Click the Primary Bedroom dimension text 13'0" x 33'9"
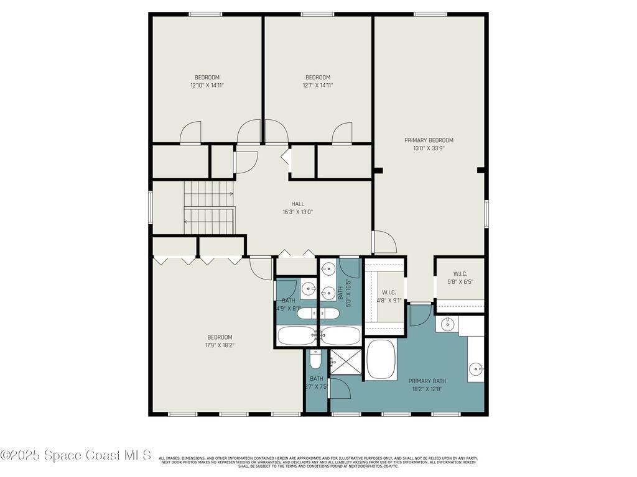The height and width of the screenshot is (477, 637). click(429, 148)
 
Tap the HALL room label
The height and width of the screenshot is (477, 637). click(298, 204)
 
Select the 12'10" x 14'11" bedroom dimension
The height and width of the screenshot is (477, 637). click(207, 86)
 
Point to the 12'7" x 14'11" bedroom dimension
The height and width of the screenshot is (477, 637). click(317, 86)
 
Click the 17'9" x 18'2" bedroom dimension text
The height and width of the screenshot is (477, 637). click(220, 345)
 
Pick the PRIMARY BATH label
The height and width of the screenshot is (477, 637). click(427, 381)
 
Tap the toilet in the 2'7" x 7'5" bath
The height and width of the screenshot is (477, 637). click(315, 360)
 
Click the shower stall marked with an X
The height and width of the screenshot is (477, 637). click(345, 362)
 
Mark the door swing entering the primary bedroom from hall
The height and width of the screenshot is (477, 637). click(384, 242)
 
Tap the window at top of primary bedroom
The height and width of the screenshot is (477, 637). click(430, 14)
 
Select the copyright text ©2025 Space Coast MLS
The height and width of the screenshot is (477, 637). click(75, 455)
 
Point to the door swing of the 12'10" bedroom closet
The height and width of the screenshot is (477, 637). click(190, 133)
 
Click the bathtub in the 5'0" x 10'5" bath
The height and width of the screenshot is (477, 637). click(340, 336)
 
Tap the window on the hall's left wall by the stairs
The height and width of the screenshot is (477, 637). click(151, 207)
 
